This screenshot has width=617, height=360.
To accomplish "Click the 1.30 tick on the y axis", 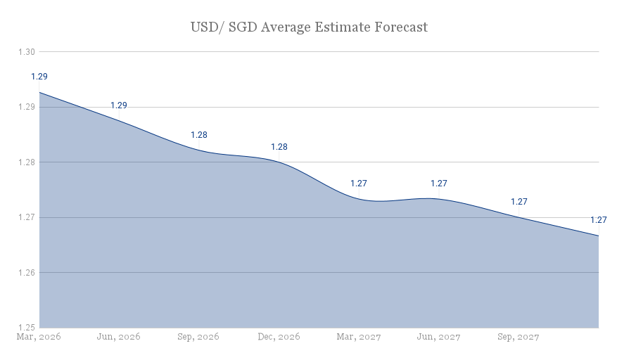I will [26, 52].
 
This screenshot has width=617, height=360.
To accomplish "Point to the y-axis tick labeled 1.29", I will [26, 107].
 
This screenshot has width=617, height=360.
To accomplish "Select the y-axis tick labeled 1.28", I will [26, 162].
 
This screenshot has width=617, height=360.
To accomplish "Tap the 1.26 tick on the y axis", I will [26, 272].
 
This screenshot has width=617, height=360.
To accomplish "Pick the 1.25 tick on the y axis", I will [26, 327].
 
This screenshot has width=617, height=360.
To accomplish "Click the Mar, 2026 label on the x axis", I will [39, 337].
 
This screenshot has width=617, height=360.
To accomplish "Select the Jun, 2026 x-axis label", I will [118, 337].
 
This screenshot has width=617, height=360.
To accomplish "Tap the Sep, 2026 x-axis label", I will [198, 337].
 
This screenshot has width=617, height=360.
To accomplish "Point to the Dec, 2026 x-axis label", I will [279, 337].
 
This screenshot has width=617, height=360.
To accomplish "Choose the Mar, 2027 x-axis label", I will [359, 337].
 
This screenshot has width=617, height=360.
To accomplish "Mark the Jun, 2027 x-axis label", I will [438, 337].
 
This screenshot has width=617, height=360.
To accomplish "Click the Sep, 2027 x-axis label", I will [519, 337].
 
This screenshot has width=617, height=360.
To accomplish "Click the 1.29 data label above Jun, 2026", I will [119, 105].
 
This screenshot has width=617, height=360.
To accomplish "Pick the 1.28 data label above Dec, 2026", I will [279, 147].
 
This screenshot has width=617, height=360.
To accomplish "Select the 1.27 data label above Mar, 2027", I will [359, 184].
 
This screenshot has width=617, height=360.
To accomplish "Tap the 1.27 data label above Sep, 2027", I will [519, 202].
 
